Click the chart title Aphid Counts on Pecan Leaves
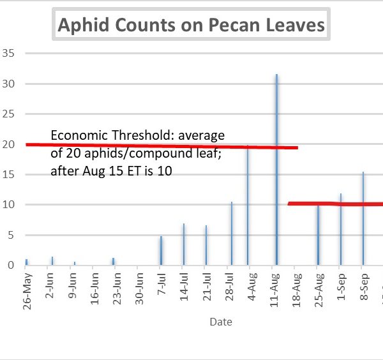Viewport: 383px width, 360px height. point(191,26)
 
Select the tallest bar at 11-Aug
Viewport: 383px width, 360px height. point(276,169)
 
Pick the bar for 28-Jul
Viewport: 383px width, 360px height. point(232,234)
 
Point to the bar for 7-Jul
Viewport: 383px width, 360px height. point(161,251)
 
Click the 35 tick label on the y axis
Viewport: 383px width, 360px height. point(8,53)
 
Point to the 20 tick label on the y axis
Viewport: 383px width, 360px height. point(8,144)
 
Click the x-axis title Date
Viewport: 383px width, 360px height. point(221,322)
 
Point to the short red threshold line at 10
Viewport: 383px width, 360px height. point(335,204)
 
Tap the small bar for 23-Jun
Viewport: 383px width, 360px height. point(113,261)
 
